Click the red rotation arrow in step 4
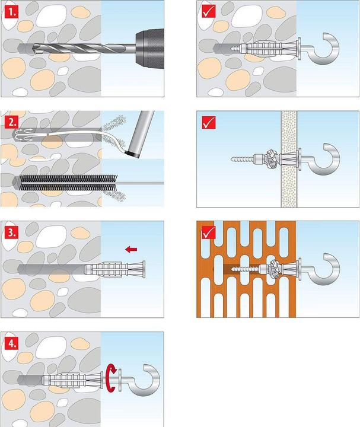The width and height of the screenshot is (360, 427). pyautogui.click(x=111, y=379)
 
